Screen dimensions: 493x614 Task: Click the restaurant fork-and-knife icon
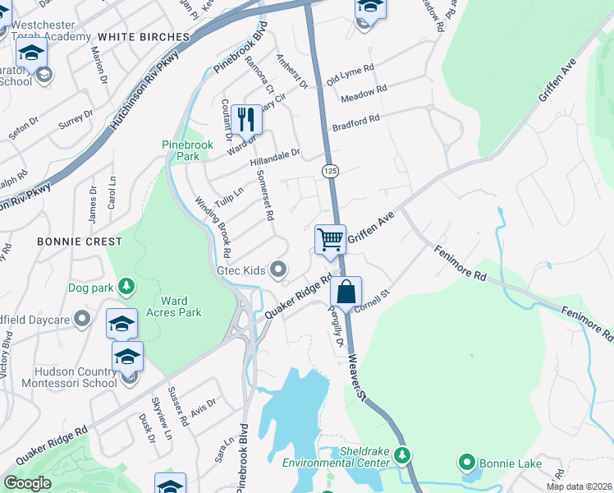[246, 119]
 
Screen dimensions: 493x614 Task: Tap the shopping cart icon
[330, 240]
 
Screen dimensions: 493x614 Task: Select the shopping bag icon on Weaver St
[346, 291]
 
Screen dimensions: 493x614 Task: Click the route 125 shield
[330, 170]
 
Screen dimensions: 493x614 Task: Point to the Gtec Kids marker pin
[279, 270]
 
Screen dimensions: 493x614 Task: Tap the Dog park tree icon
[126, 286]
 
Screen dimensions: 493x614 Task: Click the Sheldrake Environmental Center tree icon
[402, 454]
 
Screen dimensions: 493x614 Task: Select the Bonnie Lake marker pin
[468, 463]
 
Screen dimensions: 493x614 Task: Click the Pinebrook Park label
[187, 150]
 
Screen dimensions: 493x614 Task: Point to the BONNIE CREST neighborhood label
[79, 242]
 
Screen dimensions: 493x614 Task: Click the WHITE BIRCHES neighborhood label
[143, 37]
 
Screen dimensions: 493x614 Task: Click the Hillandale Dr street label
[275, 158]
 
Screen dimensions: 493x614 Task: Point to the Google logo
[27, 483]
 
